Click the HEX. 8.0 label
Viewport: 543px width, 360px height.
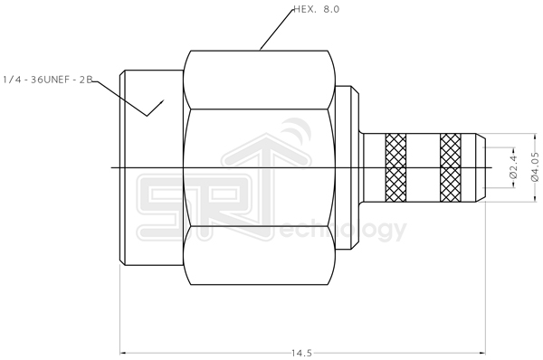(x=322, y=11)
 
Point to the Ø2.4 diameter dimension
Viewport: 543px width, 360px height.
(x=511, y=168)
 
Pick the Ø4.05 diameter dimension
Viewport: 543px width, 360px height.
(x=534, y=168)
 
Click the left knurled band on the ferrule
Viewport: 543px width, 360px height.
(x=396, y=168)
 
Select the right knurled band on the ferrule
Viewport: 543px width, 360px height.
(x=451, y=168)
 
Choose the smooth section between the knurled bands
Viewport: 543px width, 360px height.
(x=424, y=168)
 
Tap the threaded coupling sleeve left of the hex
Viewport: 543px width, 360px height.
(x=152, y=168)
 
